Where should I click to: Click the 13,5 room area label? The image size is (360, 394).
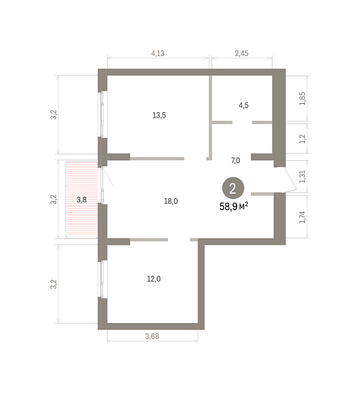[x=159, y=116]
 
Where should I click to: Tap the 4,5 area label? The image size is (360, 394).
[x=244, y=105]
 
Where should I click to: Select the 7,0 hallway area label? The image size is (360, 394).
[x=236, y=160]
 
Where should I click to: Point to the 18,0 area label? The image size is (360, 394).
[x=171, y=201]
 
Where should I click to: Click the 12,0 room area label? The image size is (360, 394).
[x=154, y=278]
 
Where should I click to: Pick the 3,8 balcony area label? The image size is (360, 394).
[x=81, y=200]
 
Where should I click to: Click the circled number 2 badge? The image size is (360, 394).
[x=233, y=188]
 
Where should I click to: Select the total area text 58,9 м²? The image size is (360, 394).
[x=234, y=207]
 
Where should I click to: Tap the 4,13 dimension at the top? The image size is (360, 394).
[x=158, y=53]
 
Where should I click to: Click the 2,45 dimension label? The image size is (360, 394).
[x=242, y=53]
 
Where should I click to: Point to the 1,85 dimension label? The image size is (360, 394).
[x=303, y=98]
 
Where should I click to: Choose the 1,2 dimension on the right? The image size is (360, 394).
[x=303, y=139]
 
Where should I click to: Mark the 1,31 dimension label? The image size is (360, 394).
[x=303, y=177]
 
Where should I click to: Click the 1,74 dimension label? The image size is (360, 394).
[x=303, y=217]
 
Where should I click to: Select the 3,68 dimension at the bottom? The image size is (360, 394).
[x=152, y=336]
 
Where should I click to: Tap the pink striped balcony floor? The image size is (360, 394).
[x=81, y=200]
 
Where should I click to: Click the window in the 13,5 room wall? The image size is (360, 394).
[x=102, y=114]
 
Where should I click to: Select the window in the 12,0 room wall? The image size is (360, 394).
[x=102, y=280]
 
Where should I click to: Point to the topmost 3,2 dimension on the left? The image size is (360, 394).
[x=54, y=115]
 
